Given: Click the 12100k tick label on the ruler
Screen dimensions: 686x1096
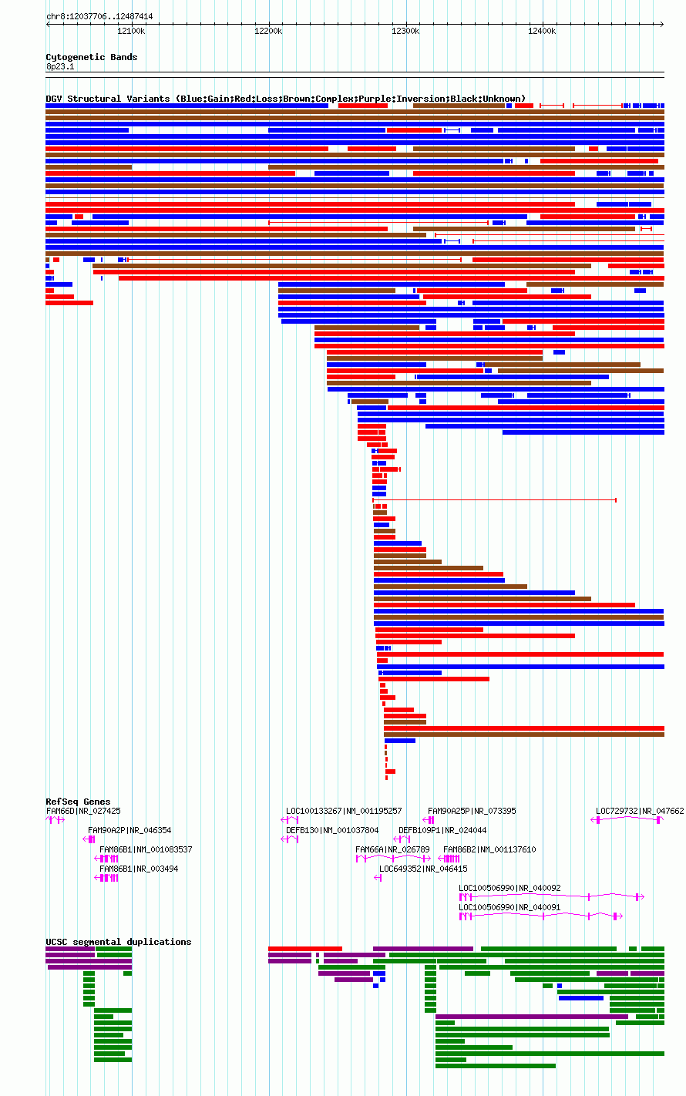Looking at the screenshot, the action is pos(131,32).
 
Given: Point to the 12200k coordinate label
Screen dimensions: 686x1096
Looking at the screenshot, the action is pos(268,32).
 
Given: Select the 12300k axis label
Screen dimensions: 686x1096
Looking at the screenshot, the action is pos(405,32).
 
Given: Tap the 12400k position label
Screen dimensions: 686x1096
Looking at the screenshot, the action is pos(542,32).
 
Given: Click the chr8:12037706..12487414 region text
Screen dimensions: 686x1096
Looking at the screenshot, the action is pos(99,17).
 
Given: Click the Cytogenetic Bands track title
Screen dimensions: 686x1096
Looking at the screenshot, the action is pos(92,57).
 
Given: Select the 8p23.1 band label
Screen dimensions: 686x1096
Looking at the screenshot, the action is pos(60,66).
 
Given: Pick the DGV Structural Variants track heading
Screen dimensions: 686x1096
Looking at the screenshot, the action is pos(286,99).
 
